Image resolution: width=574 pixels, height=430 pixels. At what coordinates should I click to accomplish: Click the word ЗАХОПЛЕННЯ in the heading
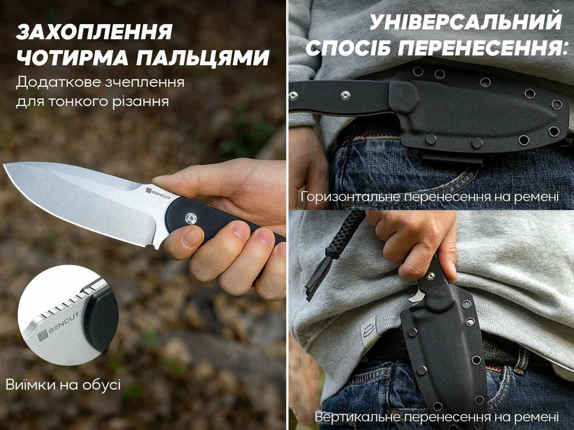[x=94, y=32]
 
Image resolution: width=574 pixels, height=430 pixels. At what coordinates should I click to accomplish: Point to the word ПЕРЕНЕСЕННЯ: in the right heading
[x=483, y=48]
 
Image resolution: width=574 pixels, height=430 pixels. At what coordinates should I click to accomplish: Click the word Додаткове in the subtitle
[x=59, y=82]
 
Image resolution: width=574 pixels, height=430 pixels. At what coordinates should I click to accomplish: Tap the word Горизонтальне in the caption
[x=350, y=197]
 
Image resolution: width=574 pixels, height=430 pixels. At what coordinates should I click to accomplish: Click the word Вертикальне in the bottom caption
[x=358, y=416]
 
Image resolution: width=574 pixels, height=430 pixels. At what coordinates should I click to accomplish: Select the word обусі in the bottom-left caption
[x=102, y=385]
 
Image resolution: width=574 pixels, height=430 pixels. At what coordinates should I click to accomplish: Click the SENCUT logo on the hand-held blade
[x=158, y=193]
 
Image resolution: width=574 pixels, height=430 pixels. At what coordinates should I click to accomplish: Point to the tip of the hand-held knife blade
[x=4, y=165]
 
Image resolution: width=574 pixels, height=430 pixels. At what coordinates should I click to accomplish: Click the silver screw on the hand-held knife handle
[x=190, y=218]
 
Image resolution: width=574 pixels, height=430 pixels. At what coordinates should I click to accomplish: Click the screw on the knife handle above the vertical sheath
[x=431, y=275]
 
